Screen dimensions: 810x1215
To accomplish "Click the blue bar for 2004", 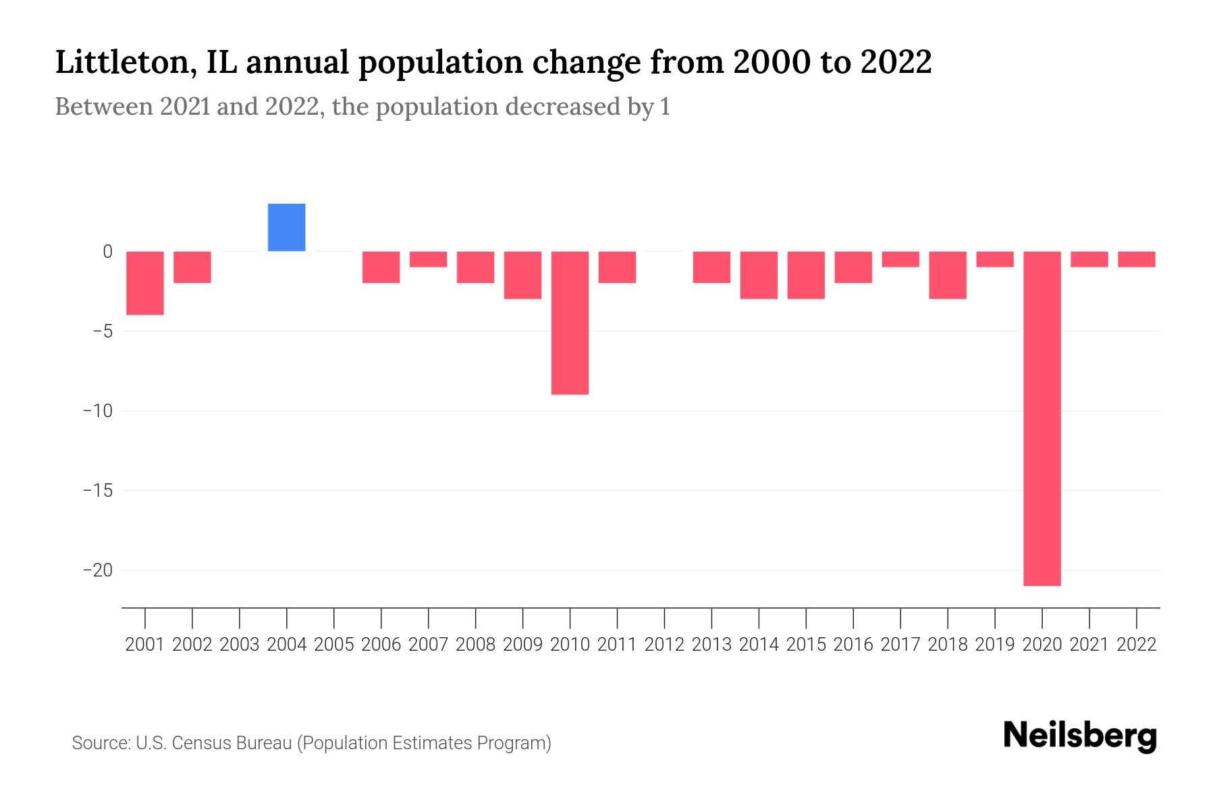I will tap(286, 227).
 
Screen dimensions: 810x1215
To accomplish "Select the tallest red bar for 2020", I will tap(1042, 418).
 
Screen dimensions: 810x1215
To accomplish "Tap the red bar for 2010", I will tap(570, 323).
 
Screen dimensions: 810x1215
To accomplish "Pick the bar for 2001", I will tap(145, 283).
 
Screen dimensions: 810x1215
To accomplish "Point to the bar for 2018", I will tap(948, 275).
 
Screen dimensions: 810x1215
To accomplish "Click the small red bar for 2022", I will tap(1137, 259).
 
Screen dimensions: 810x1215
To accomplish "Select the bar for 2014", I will tap(759, 275).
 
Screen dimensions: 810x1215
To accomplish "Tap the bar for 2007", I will tap(428, 259).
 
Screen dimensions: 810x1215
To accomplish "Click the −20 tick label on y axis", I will tap(98, 570).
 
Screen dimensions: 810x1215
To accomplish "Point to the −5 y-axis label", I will tap(98, 331).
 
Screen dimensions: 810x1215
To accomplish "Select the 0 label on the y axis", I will tap(107, 252).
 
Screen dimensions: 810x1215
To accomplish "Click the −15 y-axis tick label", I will tap(98, 491).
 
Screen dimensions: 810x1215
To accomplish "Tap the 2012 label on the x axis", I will tap(664, 645).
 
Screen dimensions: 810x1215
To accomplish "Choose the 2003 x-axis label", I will tap(240, 645).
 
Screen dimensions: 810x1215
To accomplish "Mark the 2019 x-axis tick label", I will tap(995, 645).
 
